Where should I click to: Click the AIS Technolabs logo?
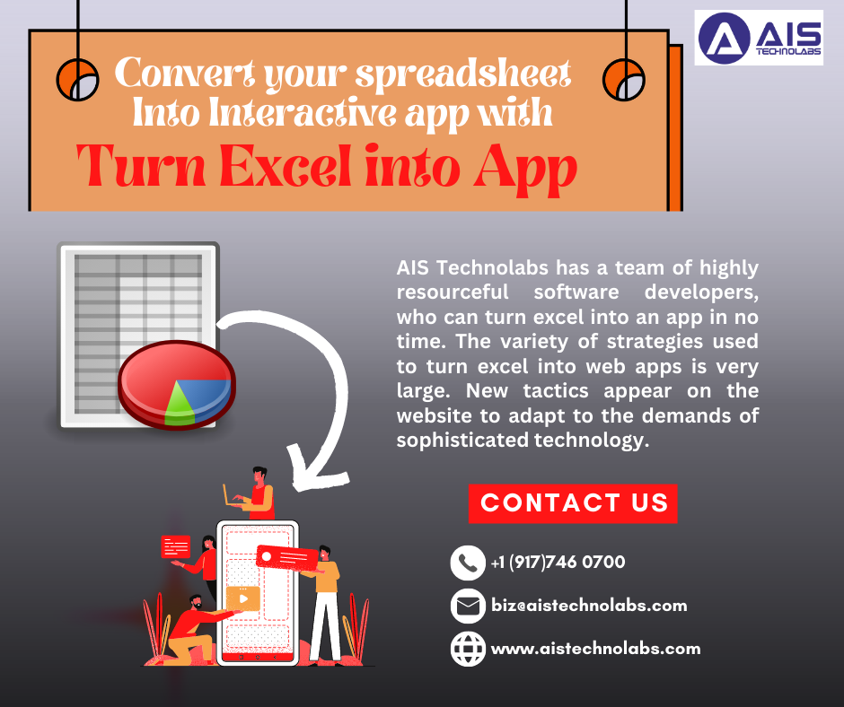point(759,38)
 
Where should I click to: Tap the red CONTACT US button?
point(573,503)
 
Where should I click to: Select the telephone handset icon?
point(467,563)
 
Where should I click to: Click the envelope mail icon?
point(467,607)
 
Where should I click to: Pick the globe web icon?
point(467,649)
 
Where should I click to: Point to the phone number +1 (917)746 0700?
point(558,563)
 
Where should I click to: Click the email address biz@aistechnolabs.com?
point(589,606)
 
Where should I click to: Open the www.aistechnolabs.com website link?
point(595,649)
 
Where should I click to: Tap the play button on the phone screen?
point(242,598)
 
